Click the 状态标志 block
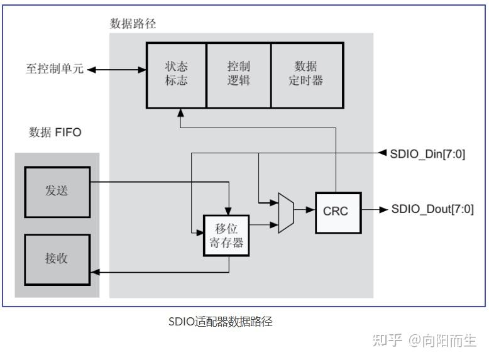pyautogui.click(x=176, y=74)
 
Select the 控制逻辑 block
pyautogui.click(x=239, y=74)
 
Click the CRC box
pyautogui.click(x=334, y=212)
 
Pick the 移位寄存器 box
pyautogui.click(x=226, y=235)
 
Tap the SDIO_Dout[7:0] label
pyautogui.click(x=432, y=210)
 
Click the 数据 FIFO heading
pyautogui.click(x=55, y=133)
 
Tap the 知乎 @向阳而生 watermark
pyautogui.click(x=424, y=341)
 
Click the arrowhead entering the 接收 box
pyautogui.click(x=95, y=273)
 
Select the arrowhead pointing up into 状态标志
pyautogui.click(x=180, y=111)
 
